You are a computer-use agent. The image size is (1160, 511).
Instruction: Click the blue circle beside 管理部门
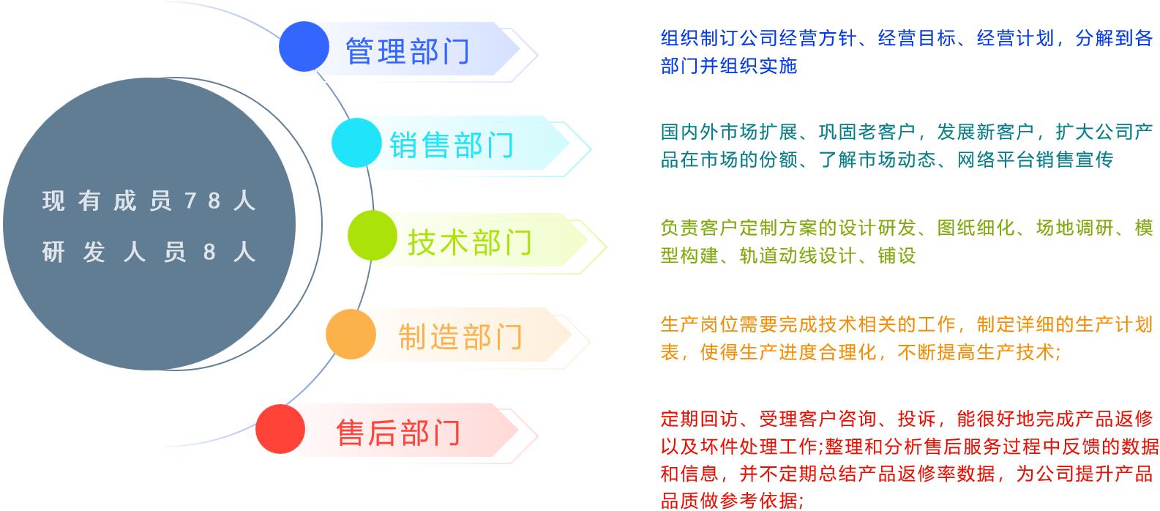click(304, 47)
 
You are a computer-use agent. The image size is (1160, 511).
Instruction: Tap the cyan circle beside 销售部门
click(357, 143)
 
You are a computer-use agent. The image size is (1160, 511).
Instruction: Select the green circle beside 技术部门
click(373, 235)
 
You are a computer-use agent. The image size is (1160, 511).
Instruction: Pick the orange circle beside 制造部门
click(351, 335)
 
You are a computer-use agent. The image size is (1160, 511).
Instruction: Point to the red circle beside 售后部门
click(280, 429)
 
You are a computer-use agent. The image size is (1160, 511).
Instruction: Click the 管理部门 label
click(408, 51)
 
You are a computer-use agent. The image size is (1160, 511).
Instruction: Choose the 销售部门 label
click(452, 145)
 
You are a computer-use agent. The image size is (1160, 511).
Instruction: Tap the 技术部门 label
click(470, 242)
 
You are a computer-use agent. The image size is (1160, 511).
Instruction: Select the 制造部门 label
click(460, 337)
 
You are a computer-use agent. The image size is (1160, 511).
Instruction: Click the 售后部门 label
click(398, 433)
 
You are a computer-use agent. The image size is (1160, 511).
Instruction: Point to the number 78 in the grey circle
click(203, 201)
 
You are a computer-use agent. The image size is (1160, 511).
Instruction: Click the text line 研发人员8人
click(149, 253)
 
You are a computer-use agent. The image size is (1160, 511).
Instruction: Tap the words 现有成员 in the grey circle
click(107, 201)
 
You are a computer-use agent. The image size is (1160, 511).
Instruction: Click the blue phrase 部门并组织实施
click(729, 66)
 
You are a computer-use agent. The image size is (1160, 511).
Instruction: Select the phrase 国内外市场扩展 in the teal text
click(729, 132)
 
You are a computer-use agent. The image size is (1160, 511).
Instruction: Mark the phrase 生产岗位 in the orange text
click(700, 324)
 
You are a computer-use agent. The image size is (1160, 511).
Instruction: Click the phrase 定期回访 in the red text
click(700, 419)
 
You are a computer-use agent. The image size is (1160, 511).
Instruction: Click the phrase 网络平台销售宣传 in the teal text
click(1035, 160)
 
